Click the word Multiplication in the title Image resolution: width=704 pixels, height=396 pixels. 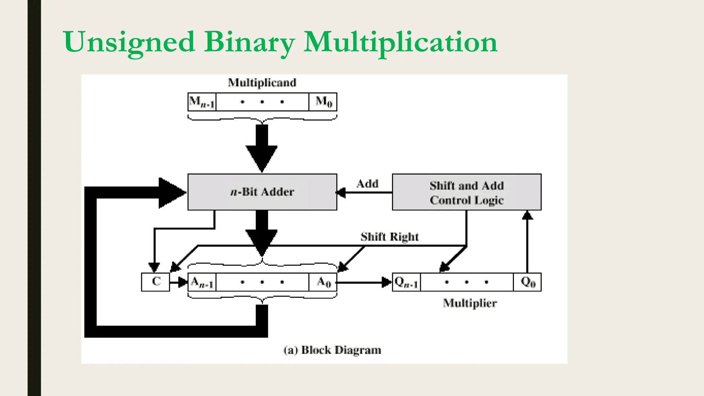(x=400, y=42)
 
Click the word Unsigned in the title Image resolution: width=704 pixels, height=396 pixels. (x=129, y=42)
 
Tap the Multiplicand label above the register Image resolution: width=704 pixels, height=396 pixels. (x=262, y=82)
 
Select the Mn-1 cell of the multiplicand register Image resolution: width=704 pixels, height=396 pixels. (x=202, y=102)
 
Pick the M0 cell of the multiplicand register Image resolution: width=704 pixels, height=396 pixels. (x=323, y=102)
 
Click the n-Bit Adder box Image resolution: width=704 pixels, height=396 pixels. (x=262, y=192)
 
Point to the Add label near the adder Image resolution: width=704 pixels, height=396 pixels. (x=367, y=184)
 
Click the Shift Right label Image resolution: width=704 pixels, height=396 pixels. (x=389, y=236)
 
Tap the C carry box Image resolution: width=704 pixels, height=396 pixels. (x=155, y=282)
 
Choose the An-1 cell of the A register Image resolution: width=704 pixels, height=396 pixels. (x=202, y=282)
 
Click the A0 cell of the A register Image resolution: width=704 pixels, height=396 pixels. (x=323, y=282)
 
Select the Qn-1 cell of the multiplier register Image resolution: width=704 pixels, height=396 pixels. (x=406, y=282)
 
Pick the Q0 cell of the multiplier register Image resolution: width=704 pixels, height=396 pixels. (x=527, y=282)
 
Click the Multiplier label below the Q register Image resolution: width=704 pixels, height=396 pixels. (x=470, y=303)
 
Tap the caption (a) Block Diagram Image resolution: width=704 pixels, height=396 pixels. (x=332, y=350)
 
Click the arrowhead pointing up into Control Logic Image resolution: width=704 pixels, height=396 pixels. (x=527, y=216)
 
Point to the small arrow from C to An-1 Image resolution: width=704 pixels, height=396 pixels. (x=179, y=283)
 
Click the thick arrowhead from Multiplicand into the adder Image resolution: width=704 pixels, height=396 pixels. (x=262, y=156)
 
